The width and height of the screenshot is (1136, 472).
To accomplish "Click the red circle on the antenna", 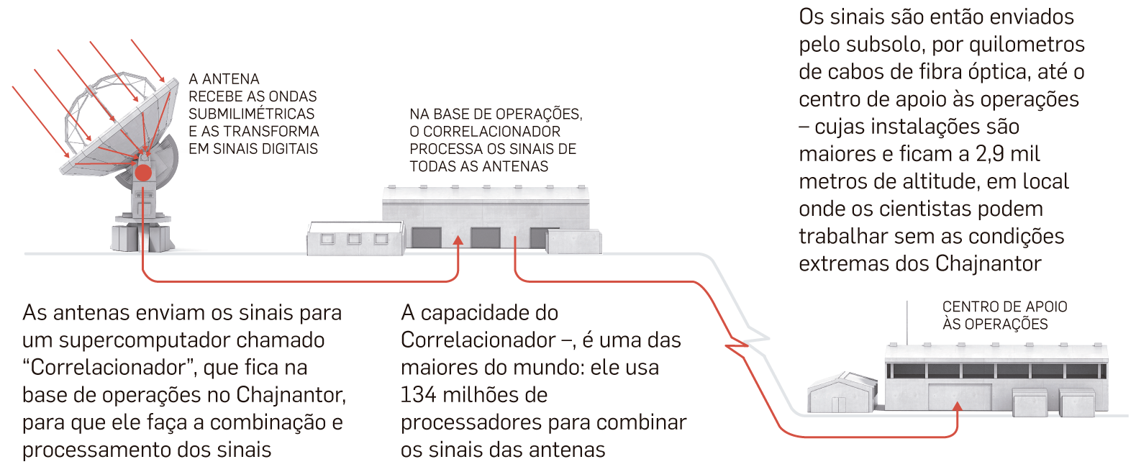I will (x=143, y=173).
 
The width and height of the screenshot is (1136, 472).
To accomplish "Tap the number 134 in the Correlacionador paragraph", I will (x=418, y=395).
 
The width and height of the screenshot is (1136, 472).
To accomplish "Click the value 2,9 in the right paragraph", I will (x=991, y=154).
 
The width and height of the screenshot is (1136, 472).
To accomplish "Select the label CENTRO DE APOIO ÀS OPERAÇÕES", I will (x=1004, y=315).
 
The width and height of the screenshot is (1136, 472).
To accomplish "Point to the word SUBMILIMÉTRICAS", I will (x=251, y=114).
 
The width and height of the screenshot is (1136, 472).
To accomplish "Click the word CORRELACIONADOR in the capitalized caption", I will (x=491, y=132).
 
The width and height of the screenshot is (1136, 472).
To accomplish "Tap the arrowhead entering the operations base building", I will (x=458, y=240).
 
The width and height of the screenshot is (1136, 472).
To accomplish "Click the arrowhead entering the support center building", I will (x=957, y=407).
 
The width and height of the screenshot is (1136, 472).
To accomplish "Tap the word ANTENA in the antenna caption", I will (x=230, y=79).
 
